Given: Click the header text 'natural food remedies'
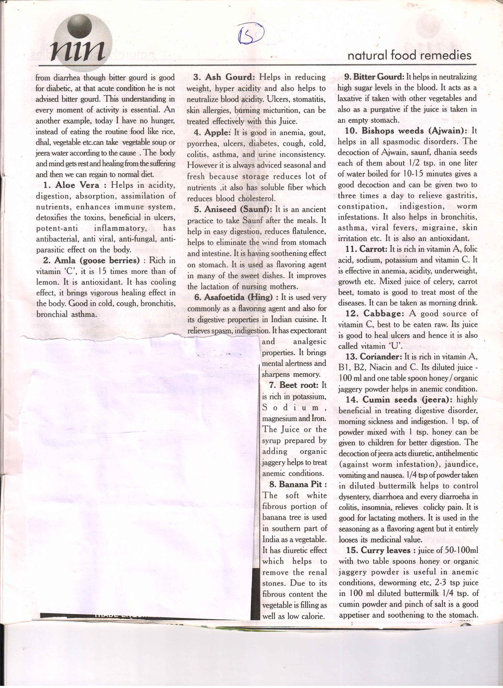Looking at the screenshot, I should [409, 56].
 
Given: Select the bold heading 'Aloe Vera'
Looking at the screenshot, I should [77, 185].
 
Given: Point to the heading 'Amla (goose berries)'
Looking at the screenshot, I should [97, 260].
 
